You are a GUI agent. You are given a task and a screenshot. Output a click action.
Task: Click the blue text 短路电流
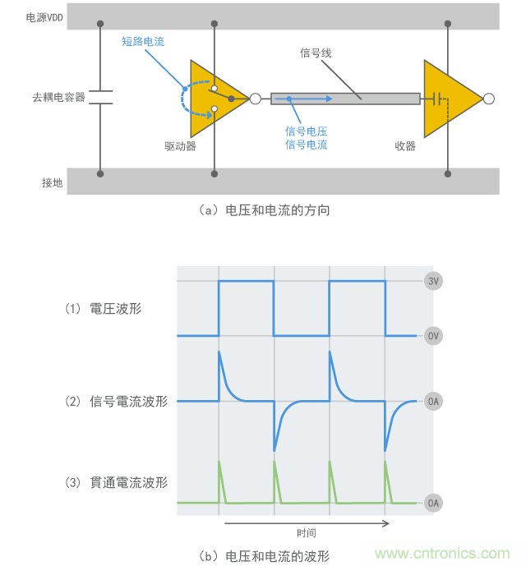142,41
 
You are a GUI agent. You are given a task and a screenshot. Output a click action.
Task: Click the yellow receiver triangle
450,99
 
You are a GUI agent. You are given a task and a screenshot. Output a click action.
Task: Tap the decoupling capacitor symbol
100,97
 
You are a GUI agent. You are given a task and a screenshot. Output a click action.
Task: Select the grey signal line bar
345,99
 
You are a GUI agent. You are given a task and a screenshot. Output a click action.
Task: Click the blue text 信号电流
306,145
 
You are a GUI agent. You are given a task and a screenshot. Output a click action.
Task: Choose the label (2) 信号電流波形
116,402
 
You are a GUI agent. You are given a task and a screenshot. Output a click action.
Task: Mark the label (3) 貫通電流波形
116,483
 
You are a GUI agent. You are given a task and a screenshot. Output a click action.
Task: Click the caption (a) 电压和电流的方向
264,210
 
